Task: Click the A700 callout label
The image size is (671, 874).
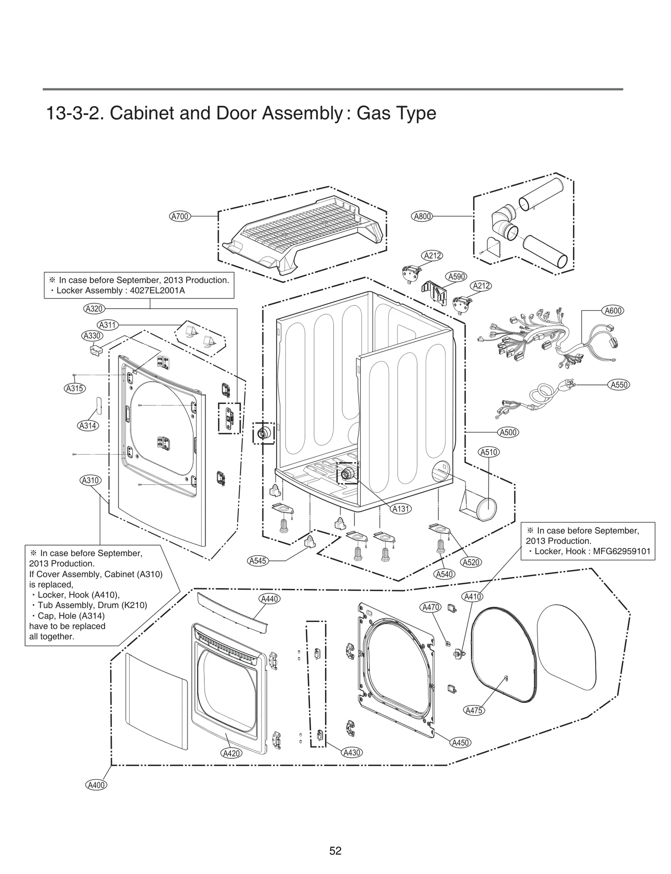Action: point(180,216)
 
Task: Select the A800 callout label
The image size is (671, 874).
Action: point(422,216)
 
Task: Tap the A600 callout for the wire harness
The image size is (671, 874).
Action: point(613,311)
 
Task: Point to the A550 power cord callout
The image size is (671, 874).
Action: point(619,385)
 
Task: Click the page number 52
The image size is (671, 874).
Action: point(335,851)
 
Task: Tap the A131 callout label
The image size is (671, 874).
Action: point(401,509)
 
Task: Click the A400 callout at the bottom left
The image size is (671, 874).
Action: point(96,785)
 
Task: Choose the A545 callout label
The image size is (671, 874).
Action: point(257,561)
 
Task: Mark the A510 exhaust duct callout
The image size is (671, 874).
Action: point(489,452)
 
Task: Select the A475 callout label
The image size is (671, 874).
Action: point(474,710)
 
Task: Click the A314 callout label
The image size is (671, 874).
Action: point(88,426)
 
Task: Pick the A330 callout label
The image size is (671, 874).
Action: point(91,336)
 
